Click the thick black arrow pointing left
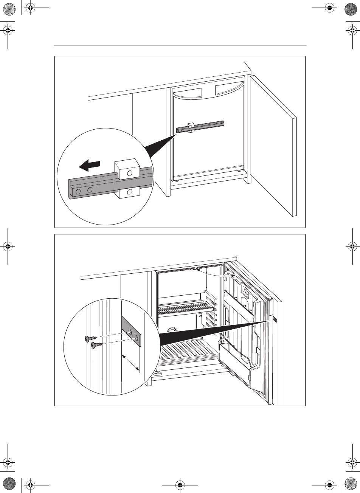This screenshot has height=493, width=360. pos(90,165)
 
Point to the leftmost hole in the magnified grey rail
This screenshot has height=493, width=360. pos(78,192)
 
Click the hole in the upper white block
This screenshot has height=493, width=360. pos(130,173)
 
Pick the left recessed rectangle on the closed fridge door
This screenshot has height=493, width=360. pos(188,92)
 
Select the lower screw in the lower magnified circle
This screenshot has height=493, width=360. pos(96,345)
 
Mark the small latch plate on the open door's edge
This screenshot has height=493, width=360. pos(275,319)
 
